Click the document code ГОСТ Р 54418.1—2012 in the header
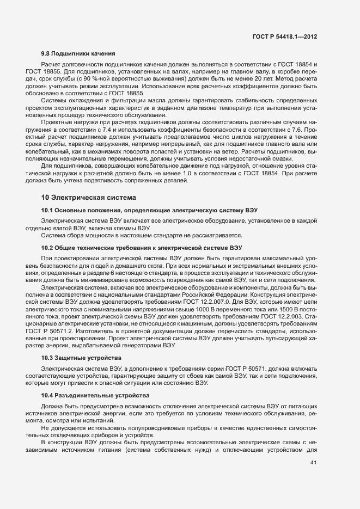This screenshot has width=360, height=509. coord(285,36)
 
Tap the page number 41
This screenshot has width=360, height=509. coord(314,462)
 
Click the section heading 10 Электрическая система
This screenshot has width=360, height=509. coord(88,197)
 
